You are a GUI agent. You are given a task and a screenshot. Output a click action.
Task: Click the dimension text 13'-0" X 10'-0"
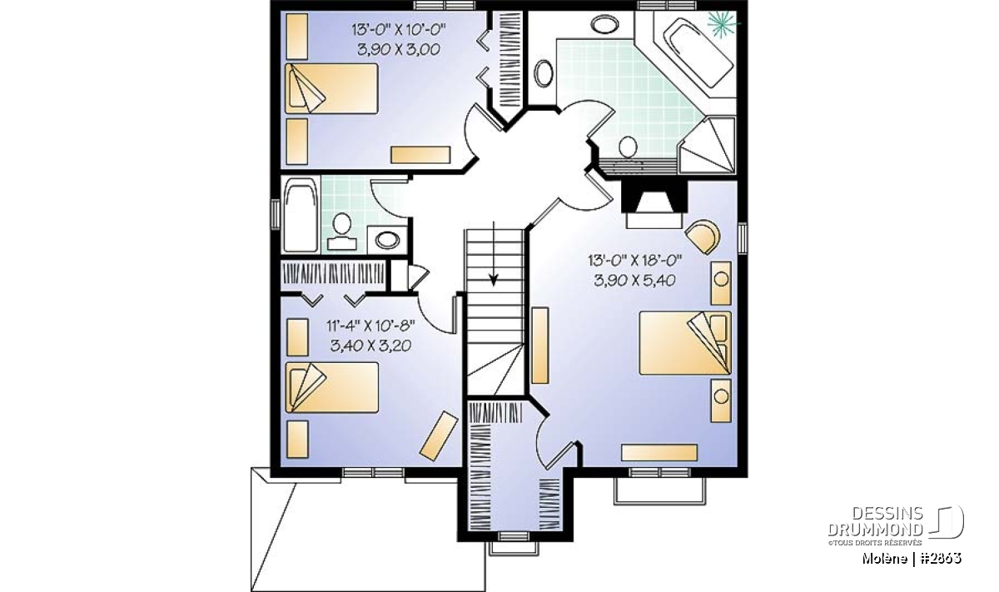399,30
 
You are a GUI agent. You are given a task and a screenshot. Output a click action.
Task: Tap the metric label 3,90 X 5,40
634,281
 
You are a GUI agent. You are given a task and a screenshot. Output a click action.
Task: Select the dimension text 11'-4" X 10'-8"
370,326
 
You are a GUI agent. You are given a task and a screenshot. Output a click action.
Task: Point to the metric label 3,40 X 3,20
370,346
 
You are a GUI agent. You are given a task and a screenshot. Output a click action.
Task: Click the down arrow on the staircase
494,253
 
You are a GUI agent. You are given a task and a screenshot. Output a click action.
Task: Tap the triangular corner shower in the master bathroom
707,145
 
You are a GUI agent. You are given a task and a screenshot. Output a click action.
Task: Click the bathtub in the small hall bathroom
301,214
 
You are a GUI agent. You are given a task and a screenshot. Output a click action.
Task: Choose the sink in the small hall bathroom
387,240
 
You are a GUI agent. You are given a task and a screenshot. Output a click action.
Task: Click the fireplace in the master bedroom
654,204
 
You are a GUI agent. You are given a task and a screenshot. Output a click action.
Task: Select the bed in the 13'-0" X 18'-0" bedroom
685,342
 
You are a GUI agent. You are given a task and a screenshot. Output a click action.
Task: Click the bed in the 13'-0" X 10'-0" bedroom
331,88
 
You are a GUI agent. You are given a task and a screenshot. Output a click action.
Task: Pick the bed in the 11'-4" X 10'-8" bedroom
331,387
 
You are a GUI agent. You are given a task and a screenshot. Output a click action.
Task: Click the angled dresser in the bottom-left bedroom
439,435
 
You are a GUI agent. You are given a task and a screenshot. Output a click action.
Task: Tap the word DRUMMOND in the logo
876,529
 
